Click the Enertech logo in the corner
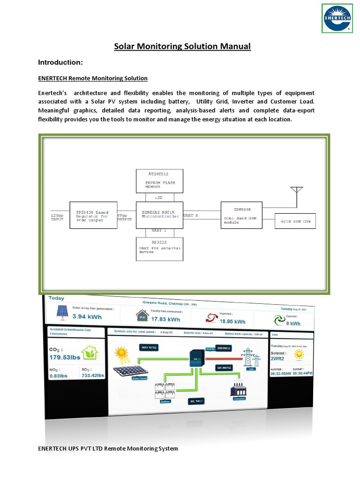click(x=337, y=18)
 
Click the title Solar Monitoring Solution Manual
click(x=183, y=46)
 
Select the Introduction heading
click(x=60, y=62)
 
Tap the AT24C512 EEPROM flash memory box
click(x=159, y=180)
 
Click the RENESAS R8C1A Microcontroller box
click(x=159, y=215)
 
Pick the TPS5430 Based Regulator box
click(x=93, y=215)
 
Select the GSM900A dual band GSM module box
click(x=242, y=215)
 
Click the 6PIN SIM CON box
click(x=295, y=221)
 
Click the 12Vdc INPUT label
click(x=57, y=217)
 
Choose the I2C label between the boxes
click(x=159, y=197)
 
